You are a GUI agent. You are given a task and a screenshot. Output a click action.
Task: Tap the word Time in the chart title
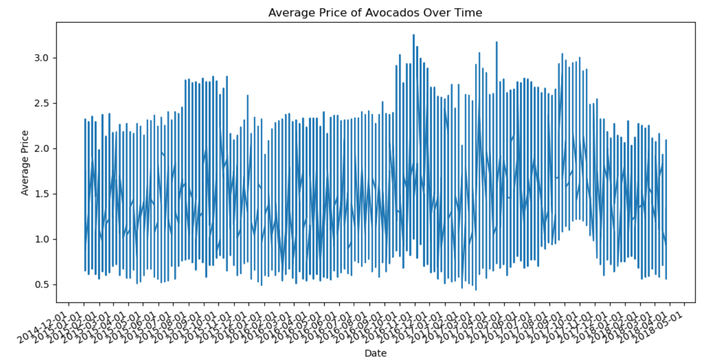pyautogui.click(x=469, y=13)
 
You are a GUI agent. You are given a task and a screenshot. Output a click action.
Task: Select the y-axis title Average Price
pyautogui.click(x=25, y=163)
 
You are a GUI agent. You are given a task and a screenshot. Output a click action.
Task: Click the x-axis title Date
pyautogui.click(x=375, y=353)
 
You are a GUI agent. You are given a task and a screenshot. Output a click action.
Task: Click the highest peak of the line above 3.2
pyautogui.click(x=413, y=35)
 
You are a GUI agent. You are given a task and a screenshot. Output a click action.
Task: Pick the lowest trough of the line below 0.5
pyautogui.click(x=476, y=289)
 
